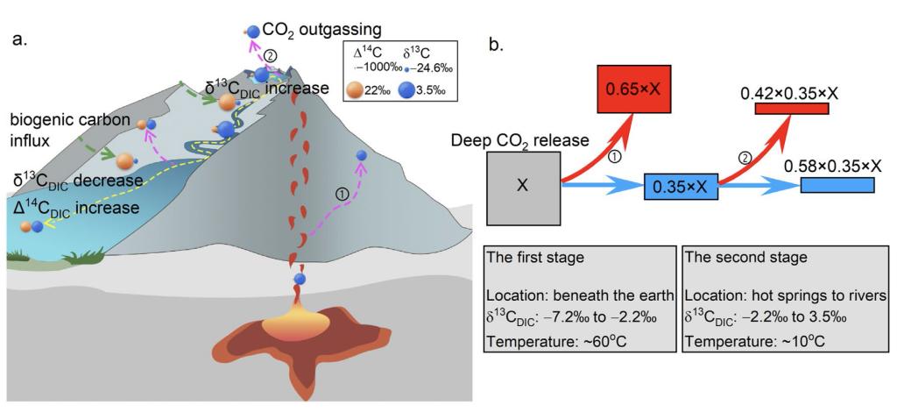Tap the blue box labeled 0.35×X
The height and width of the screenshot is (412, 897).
pos(681,186)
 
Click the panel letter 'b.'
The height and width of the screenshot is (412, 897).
pos(496,42)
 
